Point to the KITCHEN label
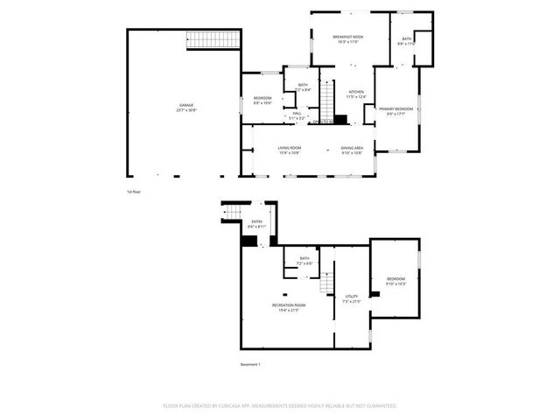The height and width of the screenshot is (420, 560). click(x=356, y=94)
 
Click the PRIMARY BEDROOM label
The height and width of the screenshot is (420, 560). click(x=395, y=110)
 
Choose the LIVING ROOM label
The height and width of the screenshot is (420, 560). click(x=290, y=150)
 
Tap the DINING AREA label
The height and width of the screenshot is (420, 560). click(x=352, y=150)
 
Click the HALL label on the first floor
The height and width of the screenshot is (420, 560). click(x=297, y=114)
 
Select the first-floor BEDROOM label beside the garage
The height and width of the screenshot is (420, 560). click(x=262, y=99)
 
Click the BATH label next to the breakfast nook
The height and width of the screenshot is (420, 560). click(x=407, y=40)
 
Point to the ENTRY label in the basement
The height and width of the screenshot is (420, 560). click(x=256, y=223)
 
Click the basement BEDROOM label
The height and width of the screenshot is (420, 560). click(x=396, y=280)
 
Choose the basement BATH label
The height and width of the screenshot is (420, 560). click(x=304, y=260)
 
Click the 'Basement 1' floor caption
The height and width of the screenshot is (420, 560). click(x=250, y=364)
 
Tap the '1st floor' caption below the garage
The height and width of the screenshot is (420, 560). click(x=133, y=191)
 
